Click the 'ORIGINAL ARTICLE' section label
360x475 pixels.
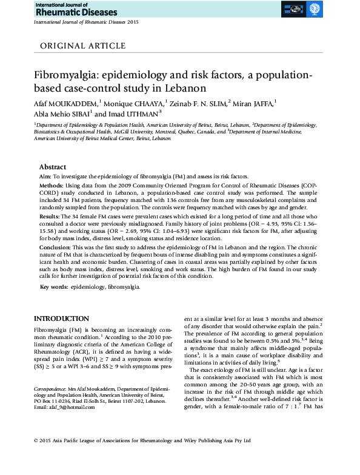pos(79,45)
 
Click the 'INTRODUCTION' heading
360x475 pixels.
pos(61,319)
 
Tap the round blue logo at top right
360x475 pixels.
pos(315,9)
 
